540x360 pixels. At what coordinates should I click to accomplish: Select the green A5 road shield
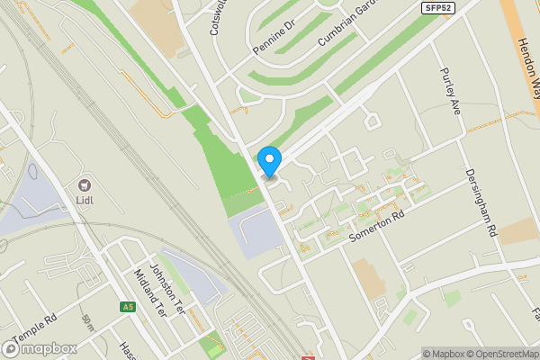tap(128, 307)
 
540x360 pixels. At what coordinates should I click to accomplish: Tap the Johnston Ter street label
tap(166, 283)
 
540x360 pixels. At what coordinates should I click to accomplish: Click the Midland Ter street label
tap(149, 292)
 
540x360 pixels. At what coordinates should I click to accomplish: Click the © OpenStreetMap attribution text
tap(503, 354)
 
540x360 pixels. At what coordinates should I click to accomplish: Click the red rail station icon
tap(308, 356)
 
